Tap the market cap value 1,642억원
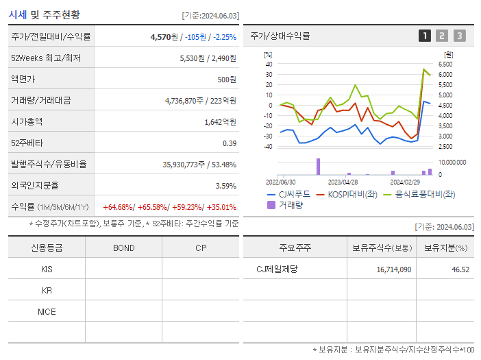pos(220,122)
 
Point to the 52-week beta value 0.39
pos(229,143)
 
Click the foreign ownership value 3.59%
pos(225,186)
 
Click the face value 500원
pos(226,80)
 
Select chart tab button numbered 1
pos(425,36)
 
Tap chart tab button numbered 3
pos(459,36)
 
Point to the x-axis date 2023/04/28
pos(343,182)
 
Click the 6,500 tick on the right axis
pos(444,64)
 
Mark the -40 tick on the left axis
pos(268,147)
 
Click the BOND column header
pos(123,248)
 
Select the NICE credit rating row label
pos(47,312)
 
